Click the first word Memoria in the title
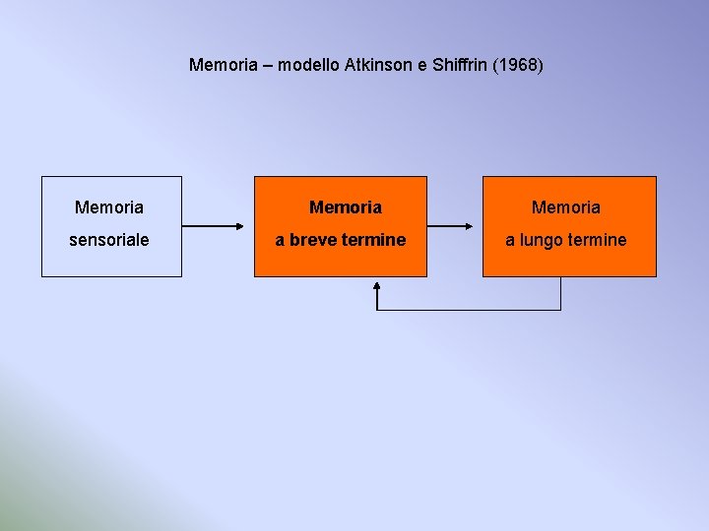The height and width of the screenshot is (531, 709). click(226, 66)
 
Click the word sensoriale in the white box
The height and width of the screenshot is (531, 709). click(109, 240)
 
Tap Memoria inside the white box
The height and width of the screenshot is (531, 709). click(109, 207)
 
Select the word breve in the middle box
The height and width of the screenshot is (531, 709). click(312, 240)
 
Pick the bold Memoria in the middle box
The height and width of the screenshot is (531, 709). click(346, 207)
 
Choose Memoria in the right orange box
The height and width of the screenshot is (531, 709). click(566, 207)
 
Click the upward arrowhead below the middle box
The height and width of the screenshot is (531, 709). click(377, 286)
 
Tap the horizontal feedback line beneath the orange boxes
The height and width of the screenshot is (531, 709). click(469, 310)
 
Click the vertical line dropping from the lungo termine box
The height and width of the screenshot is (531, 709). click(560, 293)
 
